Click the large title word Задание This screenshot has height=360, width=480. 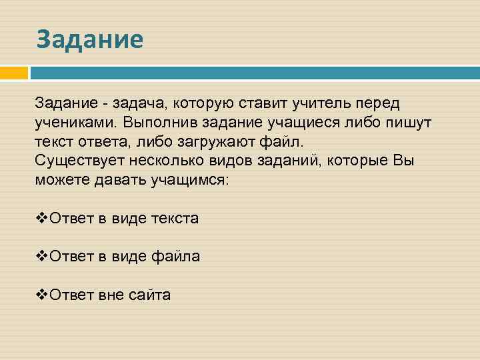tap(89, 39)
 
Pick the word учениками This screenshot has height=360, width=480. tap(75, 123)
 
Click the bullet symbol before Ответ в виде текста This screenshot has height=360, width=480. tap(41, 218)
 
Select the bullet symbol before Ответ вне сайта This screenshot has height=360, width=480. tap(41, 294)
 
